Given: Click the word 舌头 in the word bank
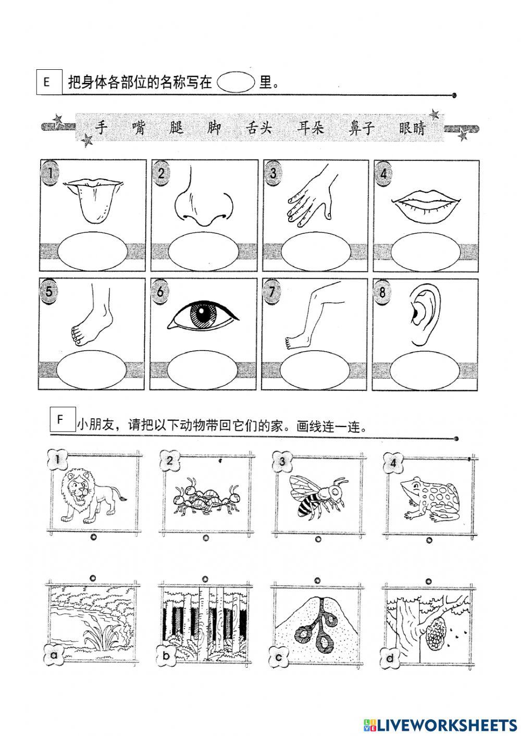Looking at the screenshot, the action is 259,128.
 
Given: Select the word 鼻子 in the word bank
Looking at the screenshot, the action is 362,128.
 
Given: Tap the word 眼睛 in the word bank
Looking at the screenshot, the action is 413,128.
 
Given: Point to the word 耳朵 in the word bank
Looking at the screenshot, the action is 311,128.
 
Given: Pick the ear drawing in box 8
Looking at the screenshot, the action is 425,315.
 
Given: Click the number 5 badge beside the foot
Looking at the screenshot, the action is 48,291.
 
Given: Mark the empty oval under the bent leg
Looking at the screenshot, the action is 315,370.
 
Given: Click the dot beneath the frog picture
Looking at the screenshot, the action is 429,540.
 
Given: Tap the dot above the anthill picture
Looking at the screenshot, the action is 317,580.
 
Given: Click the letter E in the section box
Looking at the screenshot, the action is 46,82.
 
